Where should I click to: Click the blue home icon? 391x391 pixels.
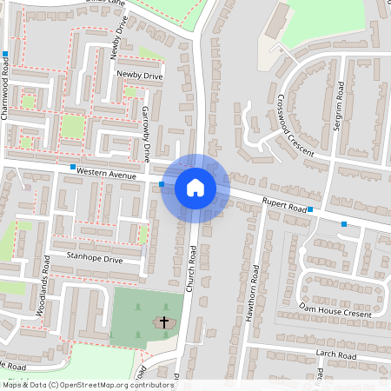[195, 187]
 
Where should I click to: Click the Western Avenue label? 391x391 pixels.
[107, 175]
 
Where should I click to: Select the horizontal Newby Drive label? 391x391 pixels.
[140, 76]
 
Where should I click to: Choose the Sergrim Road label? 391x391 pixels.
[340, 106]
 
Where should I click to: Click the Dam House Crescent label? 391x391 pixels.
[335, 308]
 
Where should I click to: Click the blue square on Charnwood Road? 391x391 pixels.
[5, 54]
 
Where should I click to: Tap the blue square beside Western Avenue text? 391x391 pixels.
[73, 167]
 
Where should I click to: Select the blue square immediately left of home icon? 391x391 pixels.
[162, 184]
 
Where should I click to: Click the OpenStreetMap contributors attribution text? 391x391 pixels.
[87, 385]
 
